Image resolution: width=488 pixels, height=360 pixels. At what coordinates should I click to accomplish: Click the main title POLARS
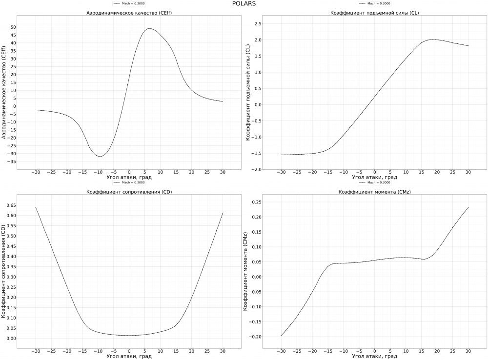click(x=244, y=3)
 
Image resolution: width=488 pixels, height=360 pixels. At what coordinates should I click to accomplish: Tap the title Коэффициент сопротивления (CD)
click(x=129, y=192)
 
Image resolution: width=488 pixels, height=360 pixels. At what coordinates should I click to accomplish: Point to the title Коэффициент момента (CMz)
click(x=374, y=192)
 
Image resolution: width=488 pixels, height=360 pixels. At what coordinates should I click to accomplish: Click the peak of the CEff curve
click(x=149, y=28)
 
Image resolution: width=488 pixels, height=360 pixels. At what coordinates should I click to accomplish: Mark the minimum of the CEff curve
click(x=100, y=156)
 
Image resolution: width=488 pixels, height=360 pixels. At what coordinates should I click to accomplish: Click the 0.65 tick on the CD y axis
click(x=10, y=205)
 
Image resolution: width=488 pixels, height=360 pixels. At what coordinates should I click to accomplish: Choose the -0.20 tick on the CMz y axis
click(x=255, y=337)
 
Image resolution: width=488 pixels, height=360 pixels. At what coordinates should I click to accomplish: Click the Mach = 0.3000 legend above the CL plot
click(x=375, y=3)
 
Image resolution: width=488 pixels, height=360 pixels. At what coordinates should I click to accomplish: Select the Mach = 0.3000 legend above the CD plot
click(x=129, y=182)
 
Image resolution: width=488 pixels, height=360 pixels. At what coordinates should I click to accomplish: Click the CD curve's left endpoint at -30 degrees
click(x=36, y=207)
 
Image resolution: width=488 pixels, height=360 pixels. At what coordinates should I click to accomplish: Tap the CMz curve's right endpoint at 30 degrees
click(x=468, y=207)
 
